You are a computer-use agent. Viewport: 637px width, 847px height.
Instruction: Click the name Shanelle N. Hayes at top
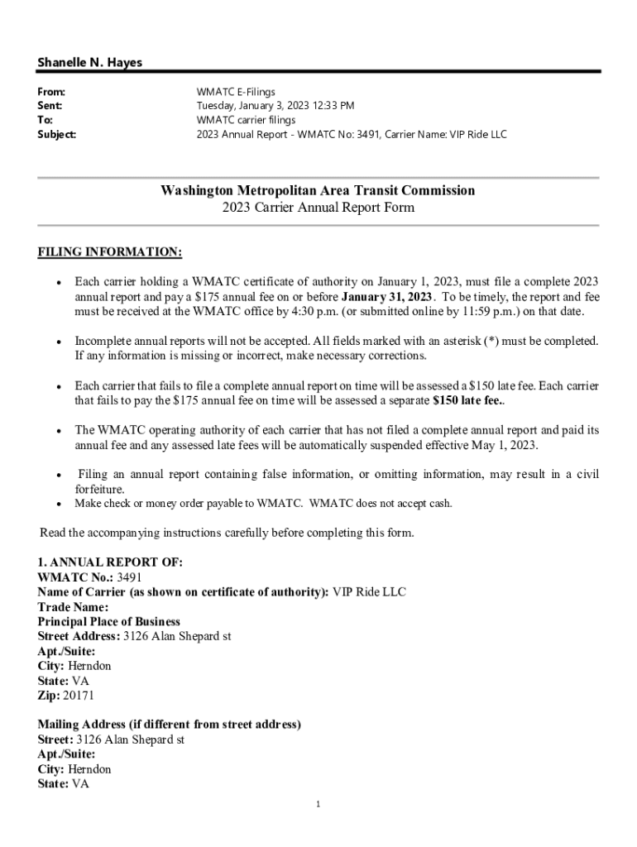(x=89, y=63)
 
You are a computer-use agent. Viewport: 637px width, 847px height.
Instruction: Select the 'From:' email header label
(x=51, y=92)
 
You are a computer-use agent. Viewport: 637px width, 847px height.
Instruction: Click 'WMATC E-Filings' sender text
(x=236, y=92)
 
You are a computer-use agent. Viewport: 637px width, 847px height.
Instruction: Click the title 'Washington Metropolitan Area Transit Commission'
(x=318, y=190)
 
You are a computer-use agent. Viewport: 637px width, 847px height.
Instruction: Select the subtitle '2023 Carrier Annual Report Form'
(x=318, y=208)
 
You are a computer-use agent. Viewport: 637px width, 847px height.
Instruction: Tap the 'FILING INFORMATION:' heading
(x=110, y=251)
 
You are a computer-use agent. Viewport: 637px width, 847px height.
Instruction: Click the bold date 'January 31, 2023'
(x=386, y=297)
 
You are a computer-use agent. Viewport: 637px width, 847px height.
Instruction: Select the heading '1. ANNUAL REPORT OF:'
(x=110, y=562)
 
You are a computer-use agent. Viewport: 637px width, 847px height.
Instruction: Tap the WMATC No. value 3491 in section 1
(x=130, y=577)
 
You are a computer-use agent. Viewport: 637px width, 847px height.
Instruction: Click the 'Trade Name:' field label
(x=73, y=607)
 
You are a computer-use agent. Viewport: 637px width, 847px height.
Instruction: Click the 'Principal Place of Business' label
(x=108, y=621)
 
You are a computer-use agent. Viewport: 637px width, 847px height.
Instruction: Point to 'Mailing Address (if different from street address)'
(x=169, y=725)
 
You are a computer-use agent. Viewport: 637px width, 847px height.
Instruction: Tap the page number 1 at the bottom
(x=318, y=804)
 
